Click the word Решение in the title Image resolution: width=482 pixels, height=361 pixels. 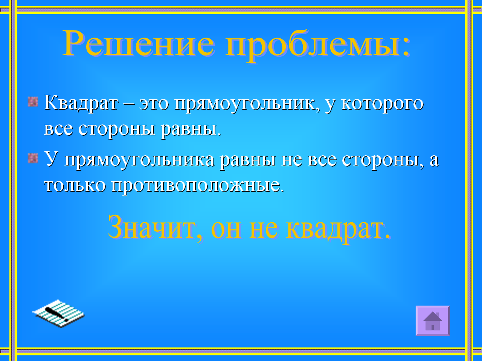[139, 43]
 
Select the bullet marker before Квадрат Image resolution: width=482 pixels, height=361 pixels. [33, 102]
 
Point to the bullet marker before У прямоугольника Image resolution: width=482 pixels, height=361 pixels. [33, 158]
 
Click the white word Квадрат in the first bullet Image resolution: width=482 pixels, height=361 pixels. [81, 103]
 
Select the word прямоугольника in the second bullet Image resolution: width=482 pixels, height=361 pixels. [139, 161]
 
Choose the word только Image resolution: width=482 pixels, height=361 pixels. [75, 185]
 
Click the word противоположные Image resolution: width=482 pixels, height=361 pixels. [197, 187]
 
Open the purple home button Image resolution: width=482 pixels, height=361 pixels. [433, 320]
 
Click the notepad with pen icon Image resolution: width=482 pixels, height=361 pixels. [58, 314]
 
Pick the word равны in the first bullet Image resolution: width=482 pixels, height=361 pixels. [191, 129]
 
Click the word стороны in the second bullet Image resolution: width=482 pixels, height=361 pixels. [383, 161]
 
